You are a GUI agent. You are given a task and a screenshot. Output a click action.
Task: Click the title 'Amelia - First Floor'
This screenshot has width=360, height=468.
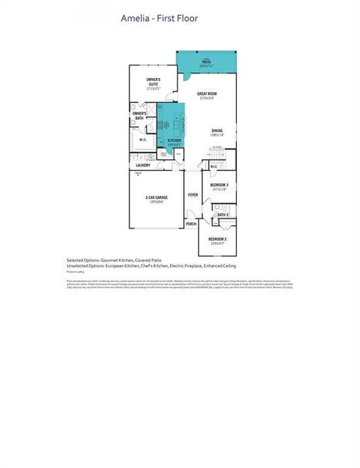click(x=159, y=17)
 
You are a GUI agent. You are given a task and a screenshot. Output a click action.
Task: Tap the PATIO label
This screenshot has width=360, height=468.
click(x=206, y=62)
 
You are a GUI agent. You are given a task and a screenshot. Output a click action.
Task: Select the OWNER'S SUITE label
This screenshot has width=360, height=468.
click(x=154, y=81)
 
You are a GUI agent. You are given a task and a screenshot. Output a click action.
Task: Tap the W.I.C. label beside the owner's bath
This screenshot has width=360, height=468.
click(x=143, y=140)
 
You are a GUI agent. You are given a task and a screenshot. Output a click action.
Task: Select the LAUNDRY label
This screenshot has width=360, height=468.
click(x=143, y=165)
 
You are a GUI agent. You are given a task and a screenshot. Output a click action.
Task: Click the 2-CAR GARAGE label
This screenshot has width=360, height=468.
click(x=156, y=199)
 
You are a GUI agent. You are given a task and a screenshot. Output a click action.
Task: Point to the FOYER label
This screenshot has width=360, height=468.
click(x=192, y=194)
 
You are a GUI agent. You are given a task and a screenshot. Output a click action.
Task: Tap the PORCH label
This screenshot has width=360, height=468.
click(x=191, y=224)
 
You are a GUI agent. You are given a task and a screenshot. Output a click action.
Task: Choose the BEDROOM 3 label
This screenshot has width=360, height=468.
click(x=218, y=186)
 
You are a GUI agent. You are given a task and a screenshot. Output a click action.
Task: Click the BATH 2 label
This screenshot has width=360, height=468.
click(x=222, y=214)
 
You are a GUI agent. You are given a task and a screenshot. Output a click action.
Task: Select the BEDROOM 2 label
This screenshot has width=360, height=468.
click(x=218, y=239)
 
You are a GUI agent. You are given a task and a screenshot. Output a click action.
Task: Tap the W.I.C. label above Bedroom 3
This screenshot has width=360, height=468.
click(x=214, y=165)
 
